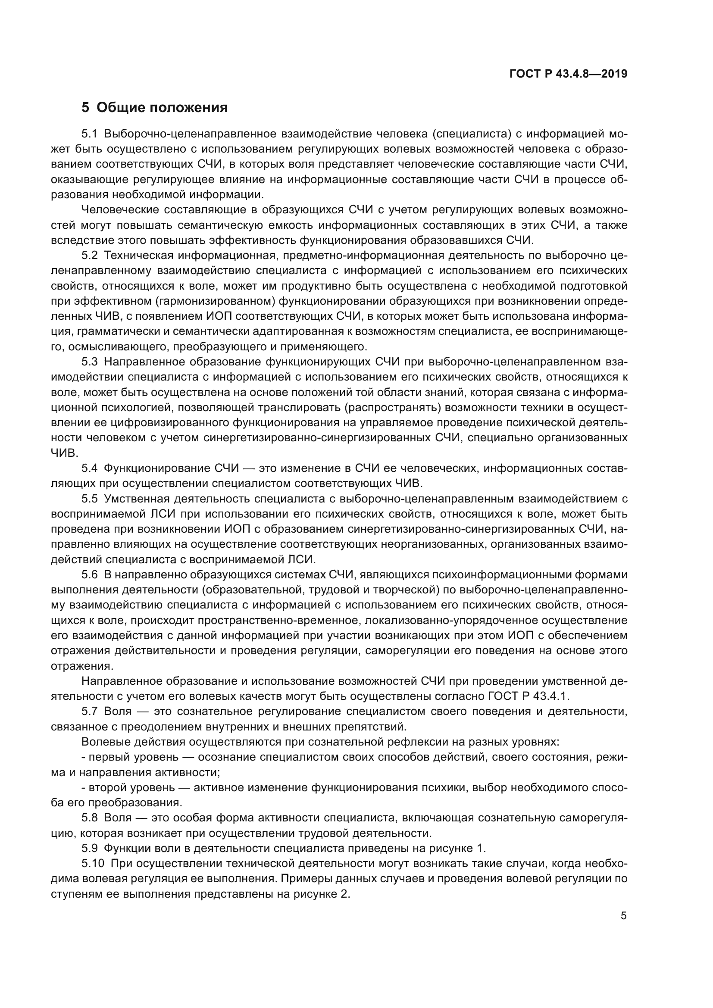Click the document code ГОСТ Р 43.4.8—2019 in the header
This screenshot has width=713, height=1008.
568,74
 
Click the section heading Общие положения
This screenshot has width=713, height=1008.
162,107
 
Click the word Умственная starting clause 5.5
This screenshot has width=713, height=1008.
137,499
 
